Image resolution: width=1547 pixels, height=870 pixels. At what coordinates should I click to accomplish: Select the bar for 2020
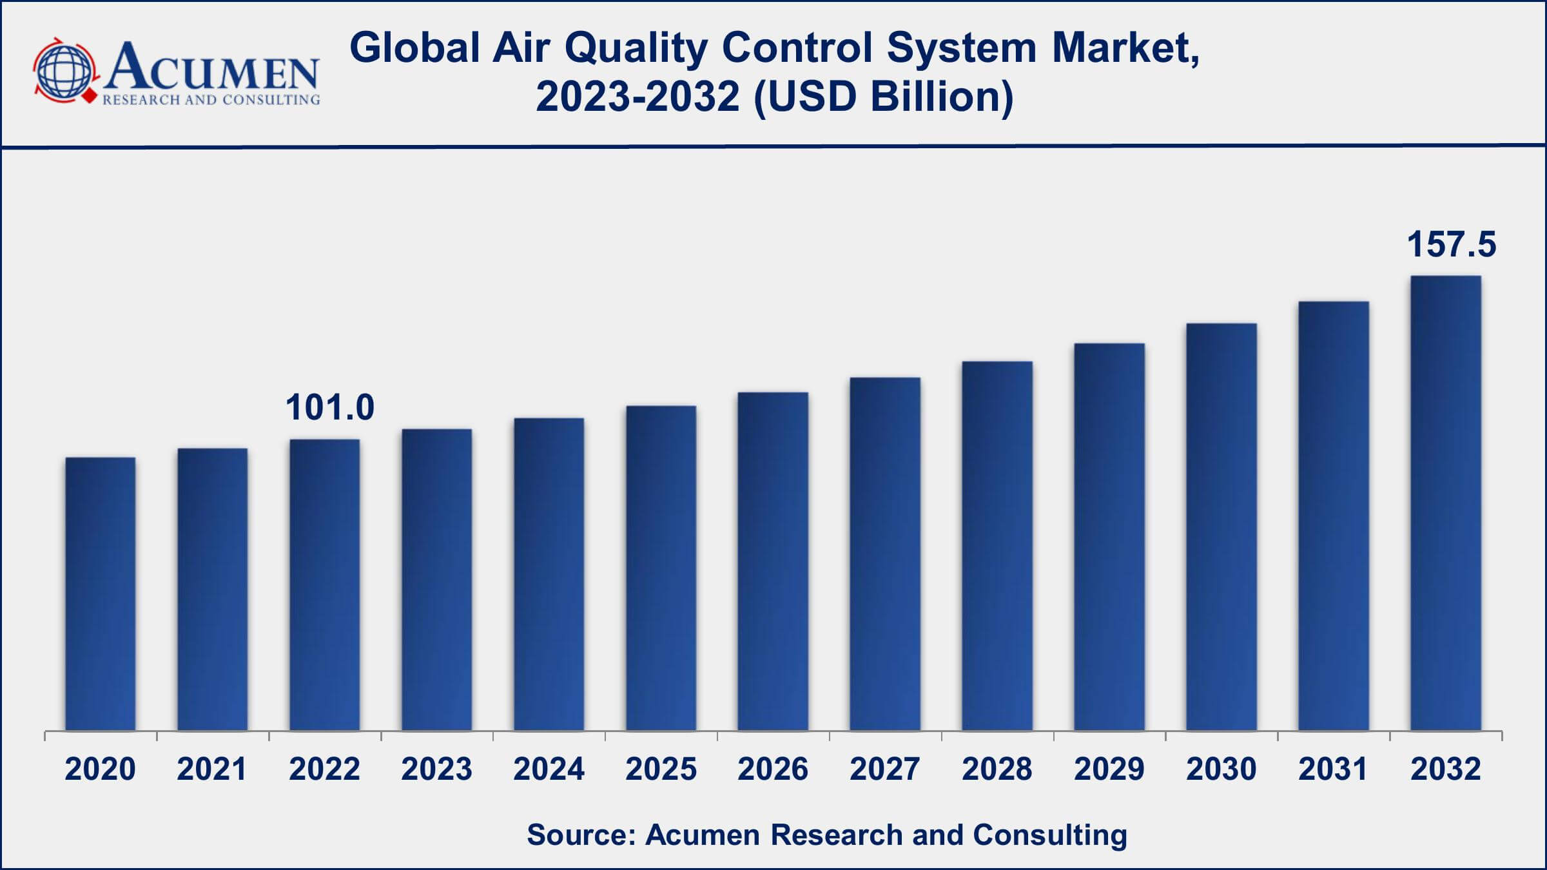[x=101, y=593]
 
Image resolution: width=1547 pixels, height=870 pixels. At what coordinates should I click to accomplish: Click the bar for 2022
[x=325, y=584]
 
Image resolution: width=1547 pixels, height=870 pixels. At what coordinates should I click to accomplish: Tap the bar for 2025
[x=661, y=567]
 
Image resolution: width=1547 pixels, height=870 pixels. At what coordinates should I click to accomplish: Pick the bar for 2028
[x=997, y=545]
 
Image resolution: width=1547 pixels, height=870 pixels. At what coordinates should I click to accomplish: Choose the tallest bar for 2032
[x=1446, y=503]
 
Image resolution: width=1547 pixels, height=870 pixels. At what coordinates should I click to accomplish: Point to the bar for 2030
[x=1221, y=526]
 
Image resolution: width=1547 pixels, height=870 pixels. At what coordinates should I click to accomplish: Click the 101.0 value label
[x=330, y=408]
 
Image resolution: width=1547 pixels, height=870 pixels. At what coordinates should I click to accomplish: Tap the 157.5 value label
[x=1451, y=245]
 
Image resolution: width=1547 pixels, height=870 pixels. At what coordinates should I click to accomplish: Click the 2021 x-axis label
[x=212, y=769]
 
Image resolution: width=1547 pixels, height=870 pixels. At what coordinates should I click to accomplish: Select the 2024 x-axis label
[x=549, y=769]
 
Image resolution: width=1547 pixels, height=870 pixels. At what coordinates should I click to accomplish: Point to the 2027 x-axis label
[x=885, y=769]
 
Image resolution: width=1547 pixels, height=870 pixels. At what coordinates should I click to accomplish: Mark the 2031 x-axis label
[x=1333, y=769]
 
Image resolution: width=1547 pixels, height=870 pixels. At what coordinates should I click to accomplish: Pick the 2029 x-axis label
[x=1109, y=769]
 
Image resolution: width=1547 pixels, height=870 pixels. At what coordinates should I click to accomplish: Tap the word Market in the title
[x=1125, y=49]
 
